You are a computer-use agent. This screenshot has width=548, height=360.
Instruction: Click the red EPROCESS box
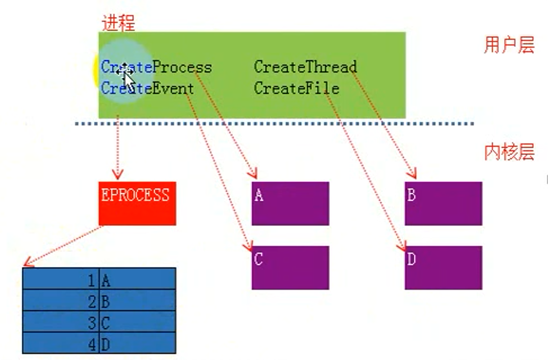point(137,203)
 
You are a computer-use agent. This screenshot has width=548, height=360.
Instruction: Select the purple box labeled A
point(290,203)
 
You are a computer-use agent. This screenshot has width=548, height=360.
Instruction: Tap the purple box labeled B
point(443,203)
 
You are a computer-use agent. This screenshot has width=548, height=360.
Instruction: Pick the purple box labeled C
point(290,267)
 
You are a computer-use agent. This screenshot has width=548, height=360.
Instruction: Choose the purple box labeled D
point(443,267)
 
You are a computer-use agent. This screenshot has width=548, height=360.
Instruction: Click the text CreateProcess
point(156,68)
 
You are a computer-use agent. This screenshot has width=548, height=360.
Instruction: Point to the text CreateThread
point(305,67)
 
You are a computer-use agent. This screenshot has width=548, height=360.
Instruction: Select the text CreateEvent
point(147,88)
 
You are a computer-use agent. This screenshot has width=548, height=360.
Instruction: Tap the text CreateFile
point(296,88)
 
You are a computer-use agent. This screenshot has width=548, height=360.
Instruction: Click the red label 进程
point(118,23)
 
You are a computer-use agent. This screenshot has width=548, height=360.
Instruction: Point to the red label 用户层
point(509,45)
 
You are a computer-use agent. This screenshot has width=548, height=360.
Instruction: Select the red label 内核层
point(509,152)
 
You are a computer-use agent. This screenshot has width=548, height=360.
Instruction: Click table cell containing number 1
point(61,279)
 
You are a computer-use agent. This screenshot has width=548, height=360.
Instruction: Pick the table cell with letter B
point(137,301)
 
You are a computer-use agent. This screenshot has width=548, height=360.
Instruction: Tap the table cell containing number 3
point(61,322)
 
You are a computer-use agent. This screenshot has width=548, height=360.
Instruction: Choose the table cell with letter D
point(137,344)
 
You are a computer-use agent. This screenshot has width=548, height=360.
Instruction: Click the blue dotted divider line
point(274,124)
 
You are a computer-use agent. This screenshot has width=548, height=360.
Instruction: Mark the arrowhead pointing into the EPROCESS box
point(117,174)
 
